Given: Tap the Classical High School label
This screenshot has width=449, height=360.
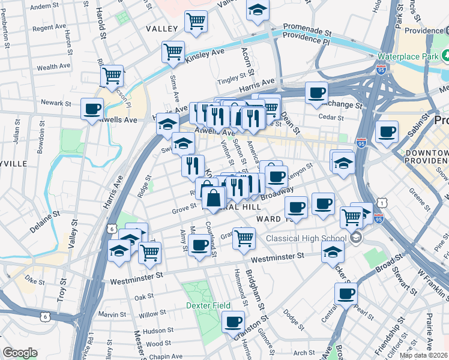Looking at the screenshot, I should [308, 238].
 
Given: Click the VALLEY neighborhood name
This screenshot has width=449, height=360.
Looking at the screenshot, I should [162, 29].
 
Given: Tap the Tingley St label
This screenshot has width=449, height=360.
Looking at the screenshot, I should [232, 78].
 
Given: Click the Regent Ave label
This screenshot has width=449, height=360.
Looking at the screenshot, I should [49, 28].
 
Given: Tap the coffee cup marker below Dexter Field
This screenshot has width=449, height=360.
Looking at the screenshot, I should [233, 322].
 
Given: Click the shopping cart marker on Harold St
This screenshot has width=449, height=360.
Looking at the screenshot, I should [112, 76].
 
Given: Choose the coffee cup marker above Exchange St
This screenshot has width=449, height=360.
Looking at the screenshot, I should [316, 93].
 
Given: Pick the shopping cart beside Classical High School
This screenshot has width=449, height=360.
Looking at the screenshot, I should [351, 217].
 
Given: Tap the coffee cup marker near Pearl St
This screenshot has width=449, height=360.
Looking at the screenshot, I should [346, 295].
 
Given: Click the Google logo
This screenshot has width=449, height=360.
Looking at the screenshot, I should [19, 352].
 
